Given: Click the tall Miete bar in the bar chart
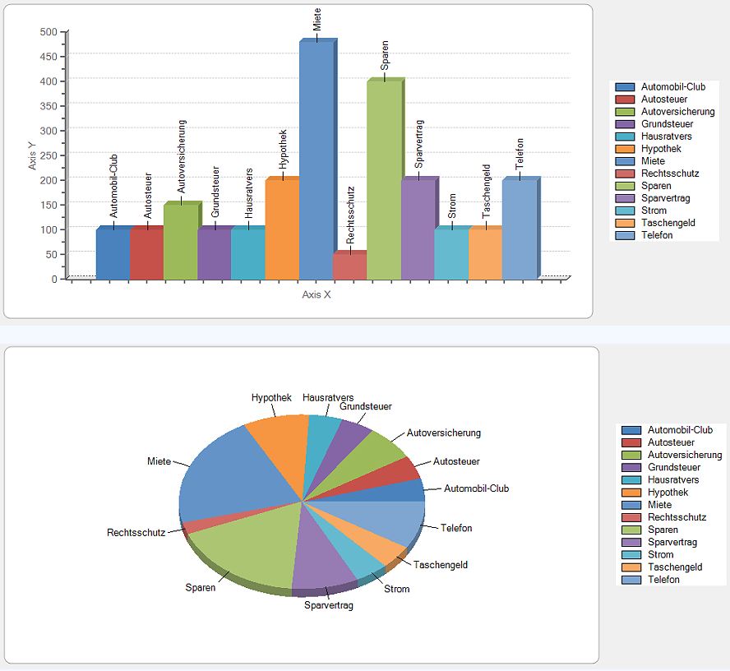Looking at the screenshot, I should (316, 160).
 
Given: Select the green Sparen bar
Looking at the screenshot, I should (384, 181).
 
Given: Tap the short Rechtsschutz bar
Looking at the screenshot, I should (349, 266).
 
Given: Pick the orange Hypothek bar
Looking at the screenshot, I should (282, 230).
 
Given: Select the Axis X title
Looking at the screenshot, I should (316, 294).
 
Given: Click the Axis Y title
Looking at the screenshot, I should (32, 155).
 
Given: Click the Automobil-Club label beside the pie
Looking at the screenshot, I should (476, 488).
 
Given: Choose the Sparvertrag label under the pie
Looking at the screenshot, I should (329, 606).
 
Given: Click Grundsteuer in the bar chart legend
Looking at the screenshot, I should (667, 124).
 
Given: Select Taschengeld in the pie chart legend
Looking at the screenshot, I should (675, 567).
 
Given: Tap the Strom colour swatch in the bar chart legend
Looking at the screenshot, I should (625, 211).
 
